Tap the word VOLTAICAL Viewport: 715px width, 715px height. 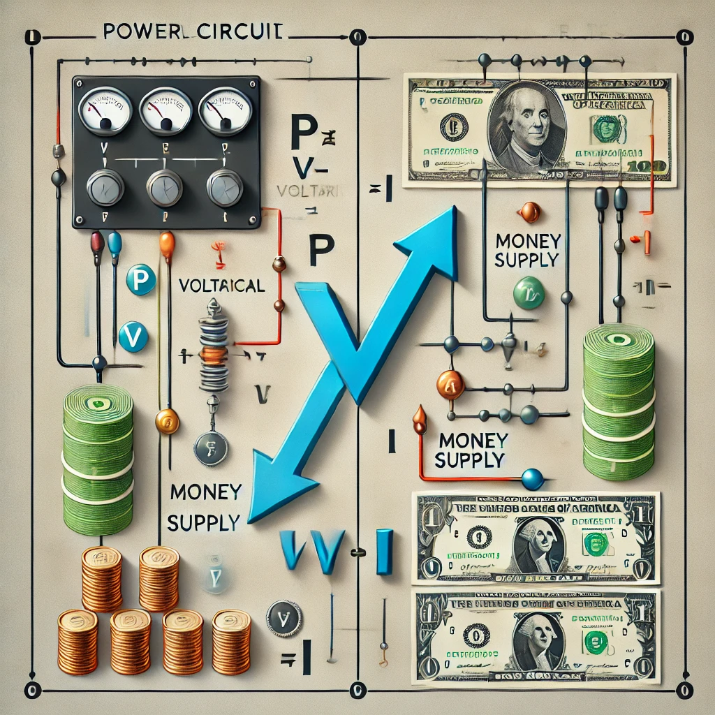click(221, 286)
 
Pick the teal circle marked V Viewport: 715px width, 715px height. click(133, 337)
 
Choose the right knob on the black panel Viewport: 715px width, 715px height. click(225, 187)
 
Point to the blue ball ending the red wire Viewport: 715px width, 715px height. click(532, 479)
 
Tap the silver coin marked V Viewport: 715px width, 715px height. click(284, 619)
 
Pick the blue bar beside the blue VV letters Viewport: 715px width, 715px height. click(384, 552)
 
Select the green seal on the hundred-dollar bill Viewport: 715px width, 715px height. click(607, 128)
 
